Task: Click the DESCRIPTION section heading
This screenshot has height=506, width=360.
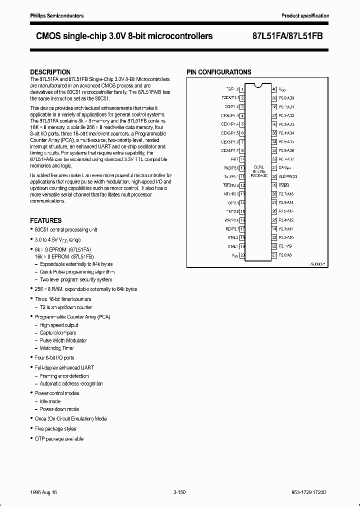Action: (x=50, y=72)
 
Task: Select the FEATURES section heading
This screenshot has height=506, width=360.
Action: (x=46, y=220)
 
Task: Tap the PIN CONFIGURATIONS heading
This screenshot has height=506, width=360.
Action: (x=219, y=72)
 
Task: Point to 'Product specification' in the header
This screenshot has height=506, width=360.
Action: (x=305, y=16)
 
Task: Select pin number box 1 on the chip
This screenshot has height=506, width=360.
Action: (x=242, y=88)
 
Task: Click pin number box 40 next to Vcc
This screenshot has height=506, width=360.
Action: (x=274, y=88)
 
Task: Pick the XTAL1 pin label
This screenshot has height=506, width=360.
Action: (x=232, y=246)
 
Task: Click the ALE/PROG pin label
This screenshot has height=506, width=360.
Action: (x=288, y=176)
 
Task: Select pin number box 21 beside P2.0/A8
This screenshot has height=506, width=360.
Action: (x=274, y=255)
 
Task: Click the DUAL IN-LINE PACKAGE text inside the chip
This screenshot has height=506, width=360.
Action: (x=258, y=171)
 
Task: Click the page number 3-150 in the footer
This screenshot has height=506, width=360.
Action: (x=179, y=492)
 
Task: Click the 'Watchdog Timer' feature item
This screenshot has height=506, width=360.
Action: (x=56, y=348)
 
